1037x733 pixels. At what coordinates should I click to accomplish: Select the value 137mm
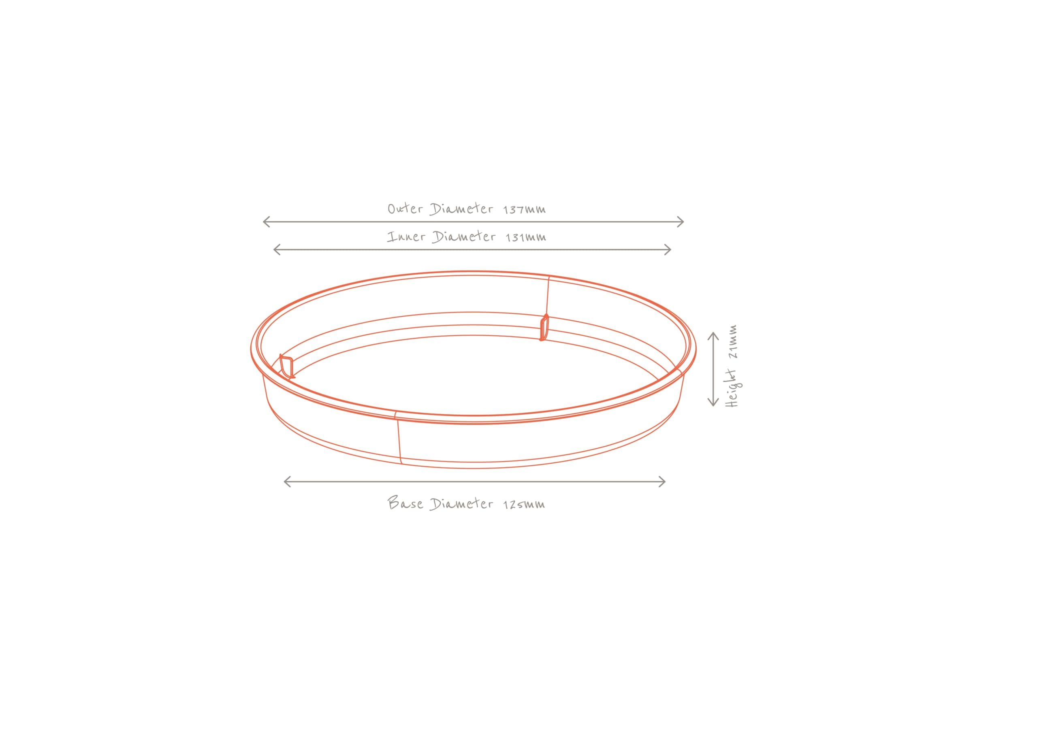coord(524,209)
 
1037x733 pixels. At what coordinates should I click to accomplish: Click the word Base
coord(405,503)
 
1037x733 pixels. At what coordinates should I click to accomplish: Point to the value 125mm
coord(524,505)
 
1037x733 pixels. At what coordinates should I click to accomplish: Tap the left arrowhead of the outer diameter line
coord(266,222)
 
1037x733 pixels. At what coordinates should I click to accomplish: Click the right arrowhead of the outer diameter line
coord(681,222)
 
